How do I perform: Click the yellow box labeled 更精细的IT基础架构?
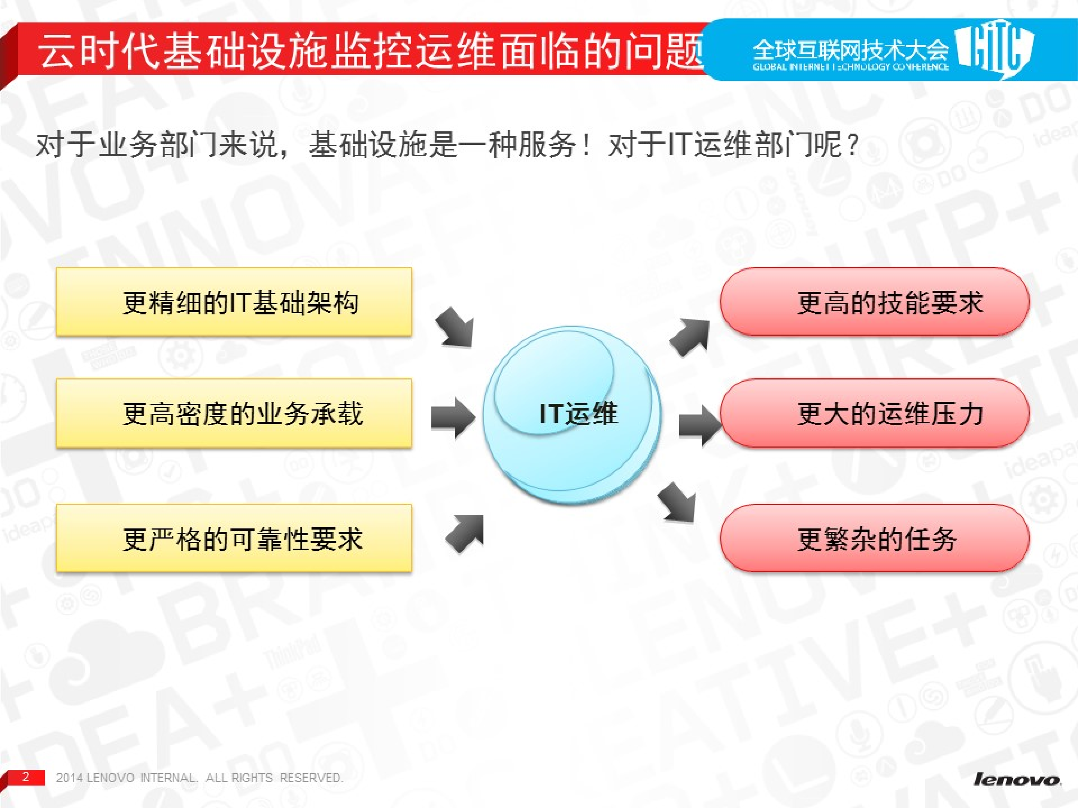tap(234, 302)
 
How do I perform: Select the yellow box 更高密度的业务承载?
tap(234, 413)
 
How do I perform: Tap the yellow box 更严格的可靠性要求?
tap(234, 538)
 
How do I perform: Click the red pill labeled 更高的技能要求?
tap(874, 302)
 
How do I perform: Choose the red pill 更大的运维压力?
tap(874, 413)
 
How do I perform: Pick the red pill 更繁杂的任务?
tap(874, 538)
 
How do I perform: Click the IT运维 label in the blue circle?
tap(578, 414)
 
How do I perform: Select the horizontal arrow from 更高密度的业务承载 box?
tap(453, 417)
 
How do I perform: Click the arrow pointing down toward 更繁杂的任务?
tap(677, 501)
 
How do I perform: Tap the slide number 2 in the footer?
tap(26, 776)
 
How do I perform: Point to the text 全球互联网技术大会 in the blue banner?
tap(850, 49)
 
